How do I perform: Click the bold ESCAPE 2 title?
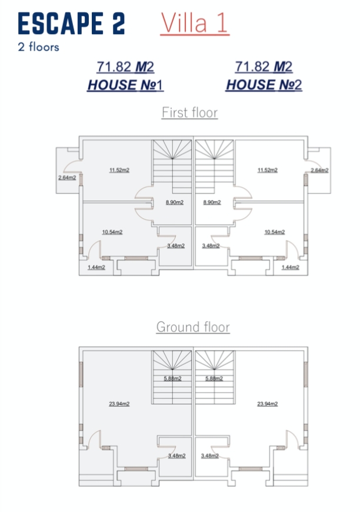point(72,24)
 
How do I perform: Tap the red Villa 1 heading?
point(195,23)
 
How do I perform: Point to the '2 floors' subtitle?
point(38,46)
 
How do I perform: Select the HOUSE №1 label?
point(125,85)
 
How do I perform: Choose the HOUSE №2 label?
point(264,85)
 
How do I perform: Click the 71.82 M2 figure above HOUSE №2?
point(264,67)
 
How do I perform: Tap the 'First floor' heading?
point(189,112)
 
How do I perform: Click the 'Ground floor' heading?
point(193,327)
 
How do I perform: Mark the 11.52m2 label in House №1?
point(119,170)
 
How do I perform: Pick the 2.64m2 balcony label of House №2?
point(319,170)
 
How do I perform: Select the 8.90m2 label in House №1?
point(175,202)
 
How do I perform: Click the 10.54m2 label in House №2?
point(275,232)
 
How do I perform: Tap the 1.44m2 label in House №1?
point(96,267)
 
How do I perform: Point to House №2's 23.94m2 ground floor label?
point(267,404)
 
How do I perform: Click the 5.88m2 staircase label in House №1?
point(173,378)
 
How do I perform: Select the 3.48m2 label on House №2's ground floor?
point(210,456)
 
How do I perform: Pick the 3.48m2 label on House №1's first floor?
point(176,245)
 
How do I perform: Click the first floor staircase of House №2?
point(215,167)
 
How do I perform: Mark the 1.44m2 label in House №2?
point(291,267)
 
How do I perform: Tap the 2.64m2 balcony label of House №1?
point(67,178)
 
